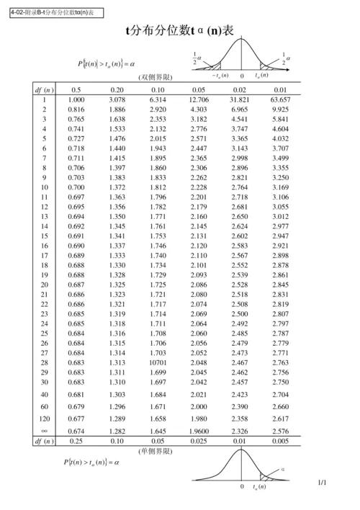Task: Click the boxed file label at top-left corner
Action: tap(51, 13)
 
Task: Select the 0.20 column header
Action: tap(117, 89)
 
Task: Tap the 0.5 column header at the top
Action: tap(76, 89)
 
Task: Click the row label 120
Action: tap(45, 418)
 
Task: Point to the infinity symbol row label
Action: tap(45, 431)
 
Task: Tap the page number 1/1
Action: tap(321, 482)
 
